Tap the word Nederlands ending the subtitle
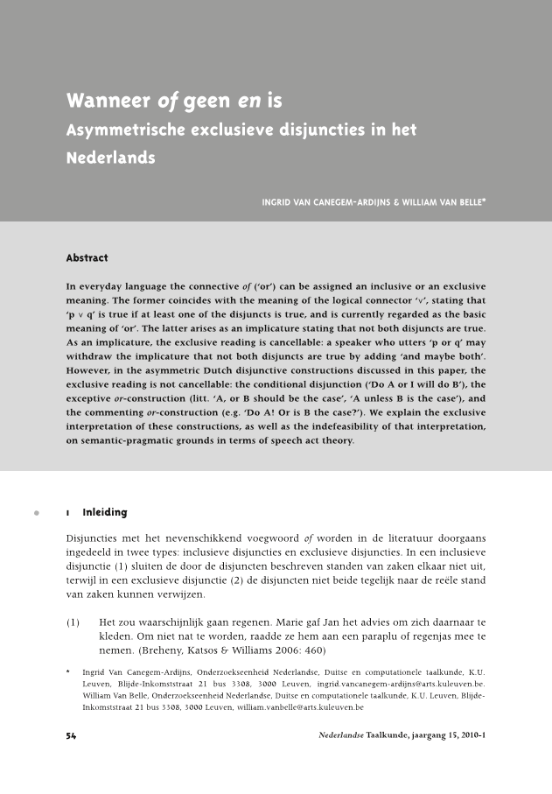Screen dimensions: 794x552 click(110, 158)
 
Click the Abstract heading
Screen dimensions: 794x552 click(87, 258)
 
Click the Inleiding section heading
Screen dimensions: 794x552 click(104, 512)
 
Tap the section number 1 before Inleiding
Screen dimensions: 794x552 click(68, 512)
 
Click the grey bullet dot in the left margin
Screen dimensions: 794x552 click(36, 512)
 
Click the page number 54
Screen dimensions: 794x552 click(73, 734)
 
